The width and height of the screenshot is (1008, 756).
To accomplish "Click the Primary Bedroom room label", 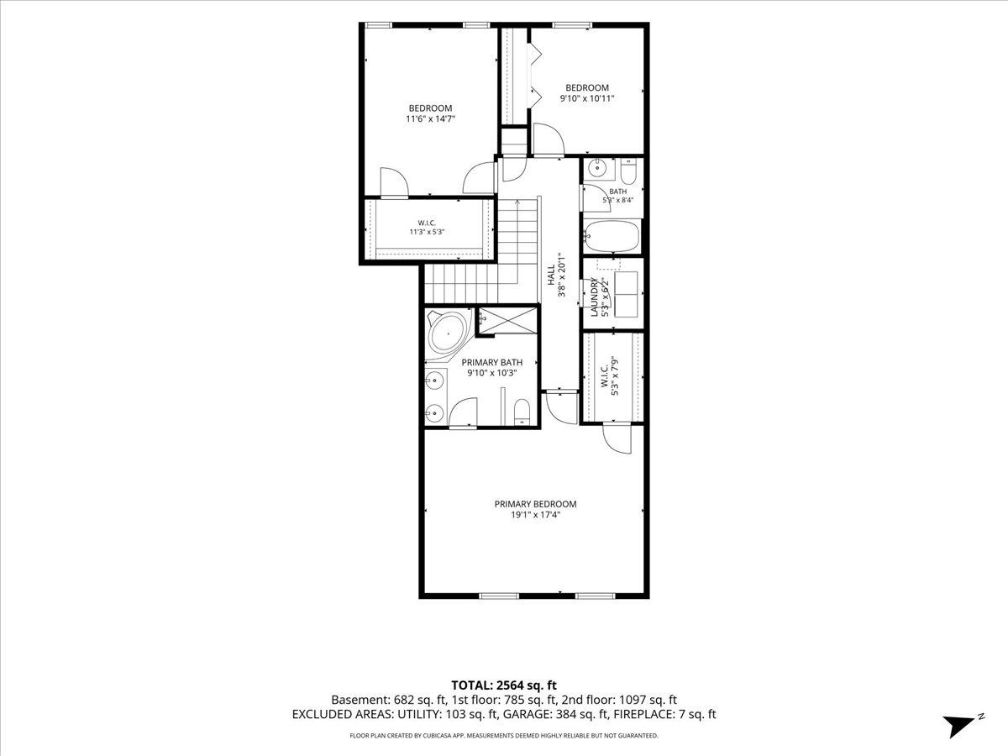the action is click(535, 504).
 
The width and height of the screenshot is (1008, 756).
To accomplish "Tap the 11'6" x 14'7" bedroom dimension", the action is click(430, 119).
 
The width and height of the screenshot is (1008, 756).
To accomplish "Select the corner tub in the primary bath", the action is click(448, 333).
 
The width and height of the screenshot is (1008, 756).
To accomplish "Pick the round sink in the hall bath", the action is click(599, 169).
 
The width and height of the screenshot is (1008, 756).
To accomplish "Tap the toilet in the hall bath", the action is click(628, 171).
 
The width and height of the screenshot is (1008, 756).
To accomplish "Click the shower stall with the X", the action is click(508, 321).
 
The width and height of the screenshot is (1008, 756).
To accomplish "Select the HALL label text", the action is click(551, 275).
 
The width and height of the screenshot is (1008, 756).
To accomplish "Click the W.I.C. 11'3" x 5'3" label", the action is click(427, 228).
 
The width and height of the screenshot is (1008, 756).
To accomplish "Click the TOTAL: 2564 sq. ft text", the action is click(504, 685).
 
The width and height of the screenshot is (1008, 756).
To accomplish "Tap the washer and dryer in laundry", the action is click(626, 294).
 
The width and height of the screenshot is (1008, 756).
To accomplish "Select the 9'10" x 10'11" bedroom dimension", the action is click(587, 98).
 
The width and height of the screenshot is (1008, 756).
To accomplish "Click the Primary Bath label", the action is click(492, 363).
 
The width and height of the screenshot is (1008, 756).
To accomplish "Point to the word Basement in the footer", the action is click(360, 700).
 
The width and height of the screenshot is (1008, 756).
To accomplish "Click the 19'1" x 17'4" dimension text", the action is click(535, 515).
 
